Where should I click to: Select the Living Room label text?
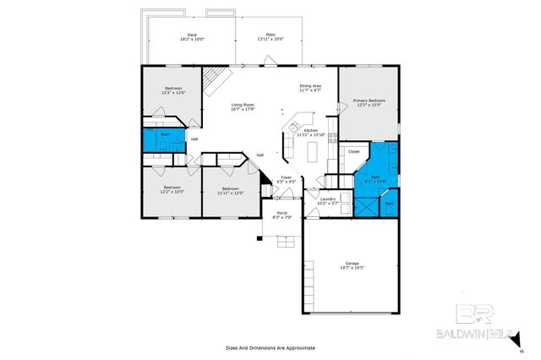click(243, 106)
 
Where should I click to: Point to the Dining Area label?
click(310, 88)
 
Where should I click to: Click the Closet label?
click(353, 152)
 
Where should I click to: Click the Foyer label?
click(287, 179)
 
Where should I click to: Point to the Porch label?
click(282, 215)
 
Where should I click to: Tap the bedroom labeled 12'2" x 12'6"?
click(172, 90)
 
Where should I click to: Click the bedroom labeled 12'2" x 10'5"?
click(172, 190)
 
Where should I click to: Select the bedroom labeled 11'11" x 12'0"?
click(230, 190)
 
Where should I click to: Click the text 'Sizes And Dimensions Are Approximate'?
click(270, 347)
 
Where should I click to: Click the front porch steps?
click(285, 243)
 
